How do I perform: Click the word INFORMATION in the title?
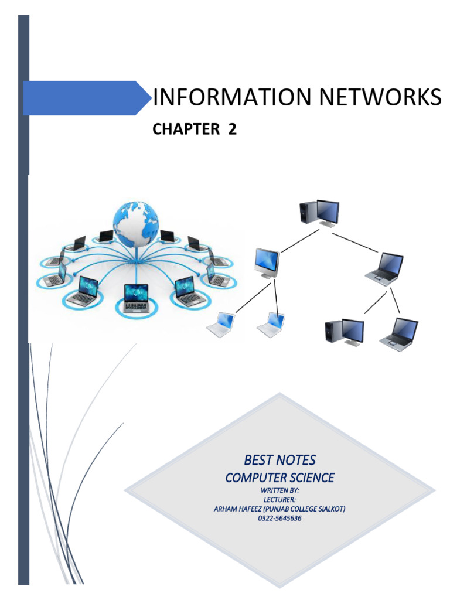pyautogui.click(x=223, y=98)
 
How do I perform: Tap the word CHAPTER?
pyautogui.click(x=185, y=130)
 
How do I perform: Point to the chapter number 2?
pyautogui.click(x=233, y=130)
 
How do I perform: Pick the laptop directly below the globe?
pyautogui.click(x=137, y=298)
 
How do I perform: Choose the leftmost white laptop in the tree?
pyautogui.click(x=222, y=325)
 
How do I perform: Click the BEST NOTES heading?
pyautogui.click(x=279, y=459)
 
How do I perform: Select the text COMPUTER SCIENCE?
pyautogui.click(x=279, y=478)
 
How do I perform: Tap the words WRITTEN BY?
pyautogui.click(x=279, y=490)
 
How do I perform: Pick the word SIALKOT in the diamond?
pyautogui.click(x=329, y=509)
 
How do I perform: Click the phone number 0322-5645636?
pyautogui.click(x=279, y=519)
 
